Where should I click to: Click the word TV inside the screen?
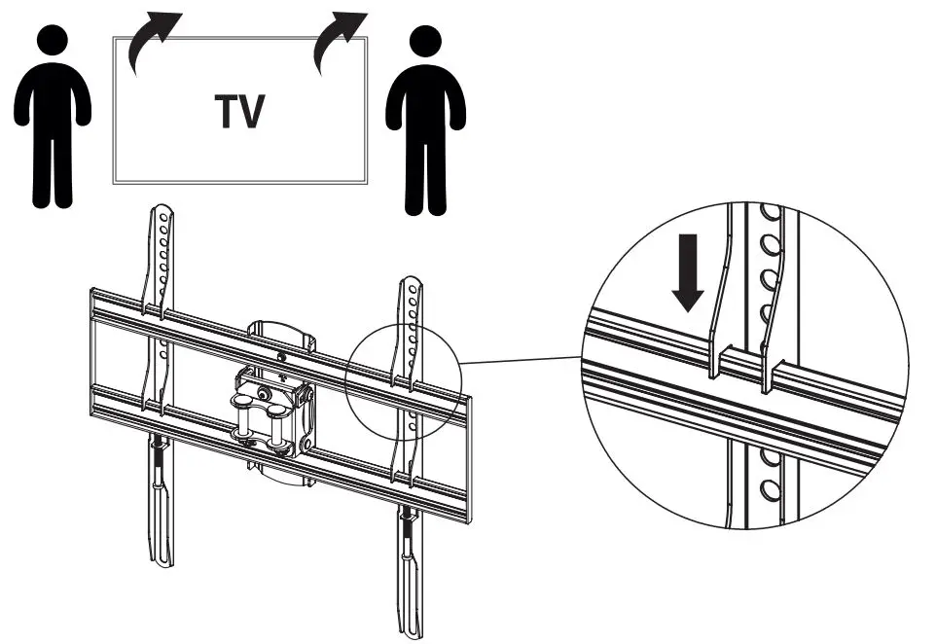(239, 112)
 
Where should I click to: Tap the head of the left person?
(54, 44)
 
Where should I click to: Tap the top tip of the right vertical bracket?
(412, 283)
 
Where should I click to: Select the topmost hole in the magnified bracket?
(768, 211)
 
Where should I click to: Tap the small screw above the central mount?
(281, 357)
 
